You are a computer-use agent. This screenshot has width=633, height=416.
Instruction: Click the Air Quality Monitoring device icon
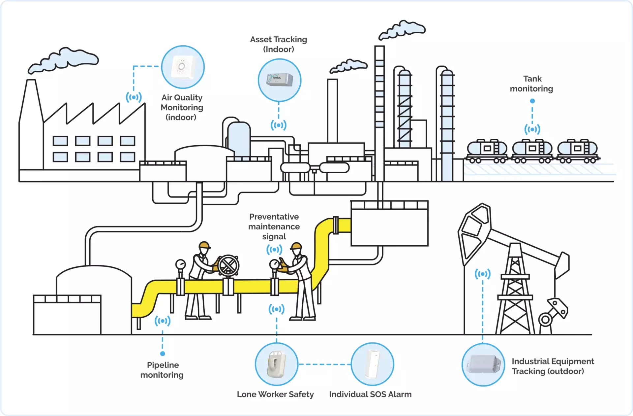[x=183, y=67]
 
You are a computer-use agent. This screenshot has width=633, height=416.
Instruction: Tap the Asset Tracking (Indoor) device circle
[x=279, y=80]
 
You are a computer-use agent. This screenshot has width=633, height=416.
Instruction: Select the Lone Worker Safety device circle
[x=276, y=364]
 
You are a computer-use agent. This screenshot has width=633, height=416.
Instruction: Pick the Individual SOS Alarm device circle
[x=372, y=364]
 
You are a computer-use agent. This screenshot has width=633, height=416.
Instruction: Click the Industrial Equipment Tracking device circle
[x=483, y=364]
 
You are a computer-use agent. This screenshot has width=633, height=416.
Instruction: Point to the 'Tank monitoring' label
[x=531, y=84]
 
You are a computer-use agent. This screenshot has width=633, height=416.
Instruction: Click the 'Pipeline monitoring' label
[x=162, y=370]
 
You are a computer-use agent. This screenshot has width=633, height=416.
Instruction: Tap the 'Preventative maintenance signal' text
[x=274, y=226]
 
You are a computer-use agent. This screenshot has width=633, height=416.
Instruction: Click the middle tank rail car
[x=532, y=151]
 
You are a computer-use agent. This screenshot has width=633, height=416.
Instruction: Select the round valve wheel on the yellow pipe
[x=228, y=265]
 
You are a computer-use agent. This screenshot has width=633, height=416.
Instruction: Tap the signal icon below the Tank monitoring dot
[x=532, y=129]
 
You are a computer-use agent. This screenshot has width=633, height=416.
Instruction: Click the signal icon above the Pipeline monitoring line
[x=163, y=321]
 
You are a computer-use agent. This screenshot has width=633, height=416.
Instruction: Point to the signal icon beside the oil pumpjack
[x=483, y=274]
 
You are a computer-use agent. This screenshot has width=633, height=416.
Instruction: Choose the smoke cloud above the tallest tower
[x=402, y=29]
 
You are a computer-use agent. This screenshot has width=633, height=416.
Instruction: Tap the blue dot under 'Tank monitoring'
[x=532, y=101]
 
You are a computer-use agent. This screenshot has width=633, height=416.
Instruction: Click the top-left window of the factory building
[x=60, y=141]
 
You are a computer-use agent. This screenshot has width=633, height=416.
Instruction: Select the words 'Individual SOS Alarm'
[x=370, y=394]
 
